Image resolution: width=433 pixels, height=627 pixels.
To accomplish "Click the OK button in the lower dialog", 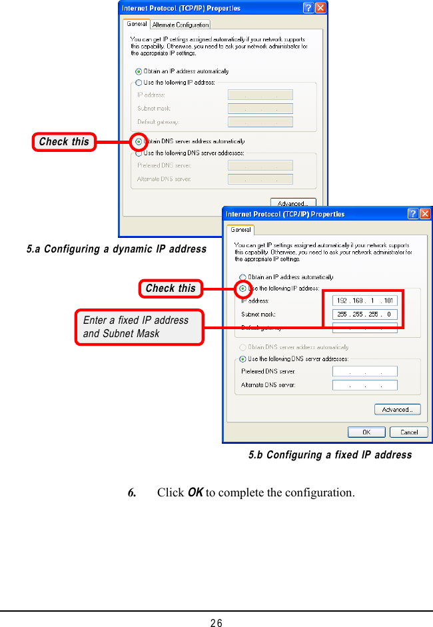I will click(366, 432).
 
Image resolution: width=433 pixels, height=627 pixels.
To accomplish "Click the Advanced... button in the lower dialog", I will click(397, 409).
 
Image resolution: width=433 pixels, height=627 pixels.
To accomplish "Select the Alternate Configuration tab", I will click(181, 25).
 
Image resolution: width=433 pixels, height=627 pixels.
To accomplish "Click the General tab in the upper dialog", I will click(137, 24).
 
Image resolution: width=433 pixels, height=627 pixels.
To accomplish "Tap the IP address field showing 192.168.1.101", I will click(365, 301).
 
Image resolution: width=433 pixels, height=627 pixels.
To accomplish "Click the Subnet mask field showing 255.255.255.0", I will click(365, 314).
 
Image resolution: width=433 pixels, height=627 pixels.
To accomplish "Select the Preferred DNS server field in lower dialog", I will click(365, 371).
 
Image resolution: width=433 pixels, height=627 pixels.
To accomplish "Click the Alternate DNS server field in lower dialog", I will click(365, 385).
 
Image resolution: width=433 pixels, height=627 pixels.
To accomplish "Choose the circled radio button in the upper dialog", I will click(139, 141).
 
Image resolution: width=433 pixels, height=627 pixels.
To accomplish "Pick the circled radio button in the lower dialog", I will click(243, 289).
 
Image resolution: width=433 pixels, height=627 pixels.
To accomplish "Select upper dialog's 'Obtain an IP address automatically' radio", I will click(139, 71).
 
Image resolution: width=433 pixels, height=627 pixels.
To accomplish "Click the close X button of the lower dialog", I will click(425, 214).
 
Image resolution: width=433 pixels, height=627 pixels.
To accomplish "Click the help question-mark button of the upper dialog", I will click(308, 8).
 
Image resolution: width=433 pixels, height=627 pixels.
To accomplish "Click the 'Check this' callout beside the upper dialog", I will click(64, 141).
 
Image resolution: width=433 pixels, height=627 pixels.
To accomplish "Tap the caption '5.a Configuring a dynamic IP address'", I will click(117, 249).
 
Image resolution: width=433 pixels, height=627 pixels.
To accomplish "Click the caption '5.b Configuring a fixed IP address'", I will click(330, 455).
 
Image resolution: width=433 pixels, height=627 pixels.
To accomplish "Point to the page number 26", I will click(217, 622).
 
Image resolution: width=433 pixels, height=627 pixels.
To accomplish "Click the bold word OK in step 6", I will click(195, 493).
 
